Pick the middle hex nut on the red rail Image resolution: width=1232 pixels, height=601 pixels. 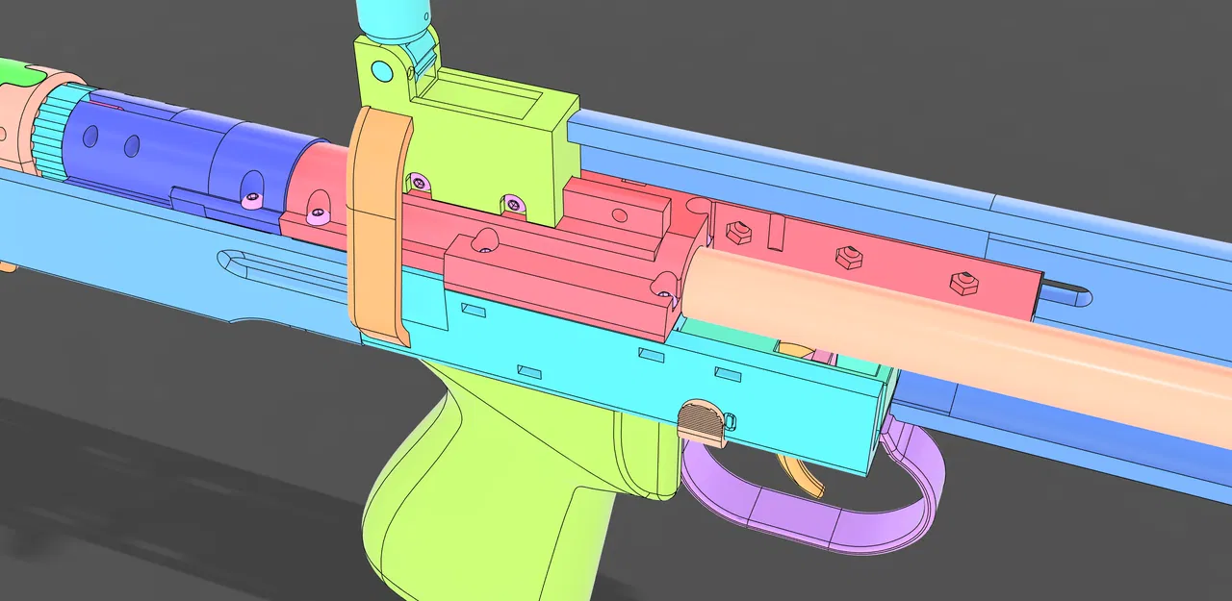click(x=847, y=256)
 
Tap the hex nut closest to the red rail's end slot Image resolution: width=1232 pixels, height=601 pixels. click(x=962, y=282)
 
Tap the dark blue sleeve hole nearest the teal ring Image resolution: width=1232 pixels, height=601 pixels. click(x=90, y=138)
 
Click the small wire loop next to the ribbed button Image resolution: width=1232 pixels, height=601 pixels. click(x=729, y=420)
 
